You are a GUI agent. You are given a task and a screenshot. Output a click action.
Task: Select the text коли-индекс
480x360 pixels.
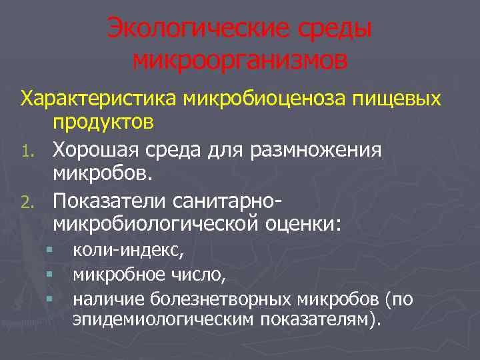click(x=125, y=251)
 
